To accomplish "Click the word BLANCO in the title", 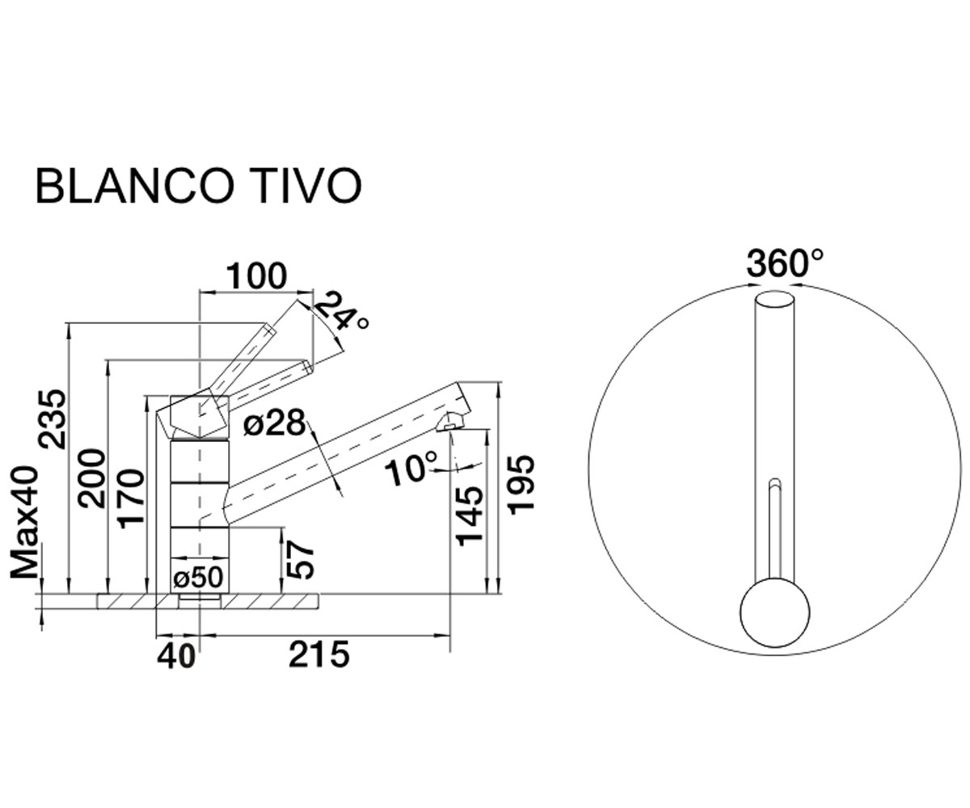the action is (134, 186).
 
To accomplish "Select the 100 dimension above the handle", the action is (256, 277).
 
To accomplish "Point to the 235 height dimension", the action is (52, 419).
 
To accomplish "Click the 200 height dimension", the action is (91, 478).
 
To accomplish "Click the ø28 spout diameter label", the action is (275, 423).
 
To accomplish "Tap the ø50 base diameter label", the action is (198, 578).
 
